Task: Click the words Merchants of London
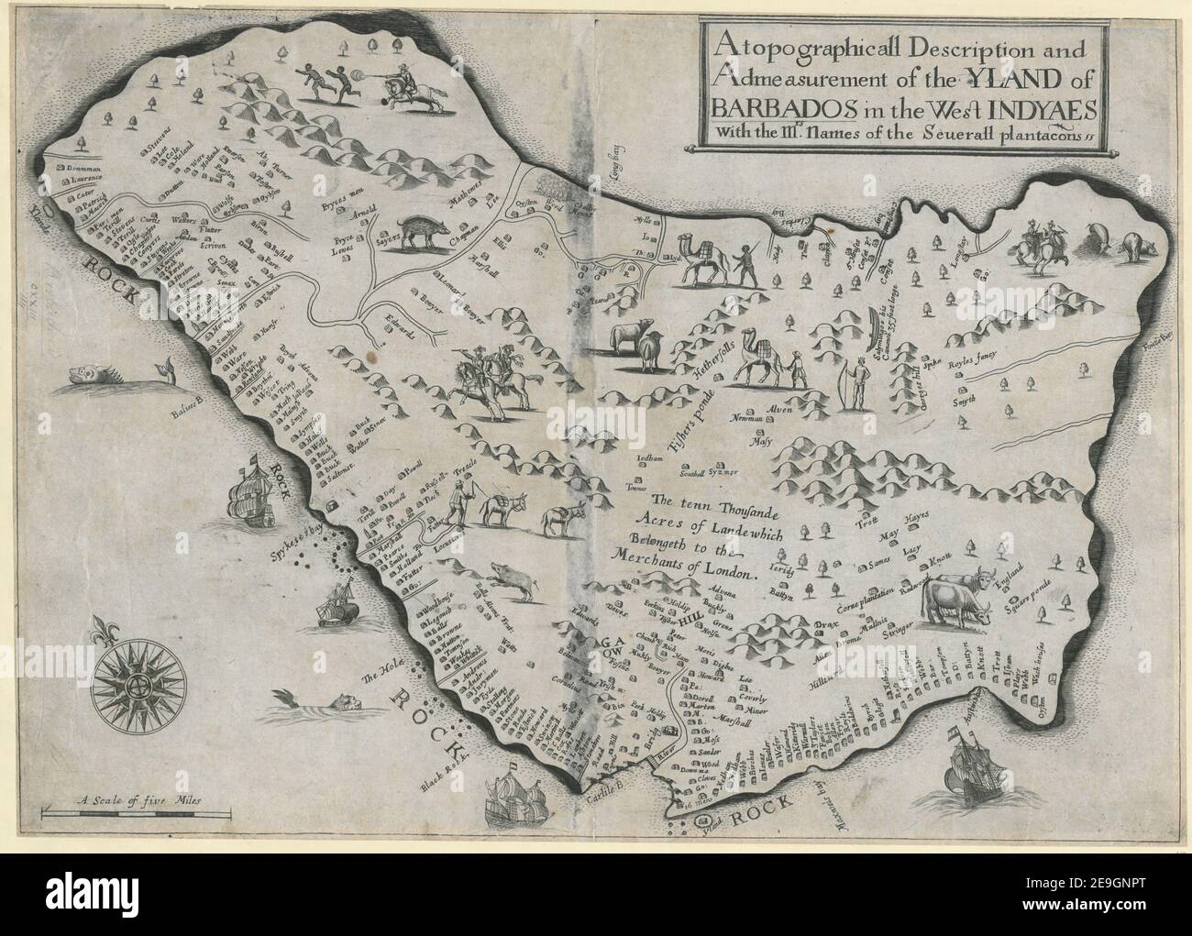click(x=679, y=569)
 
